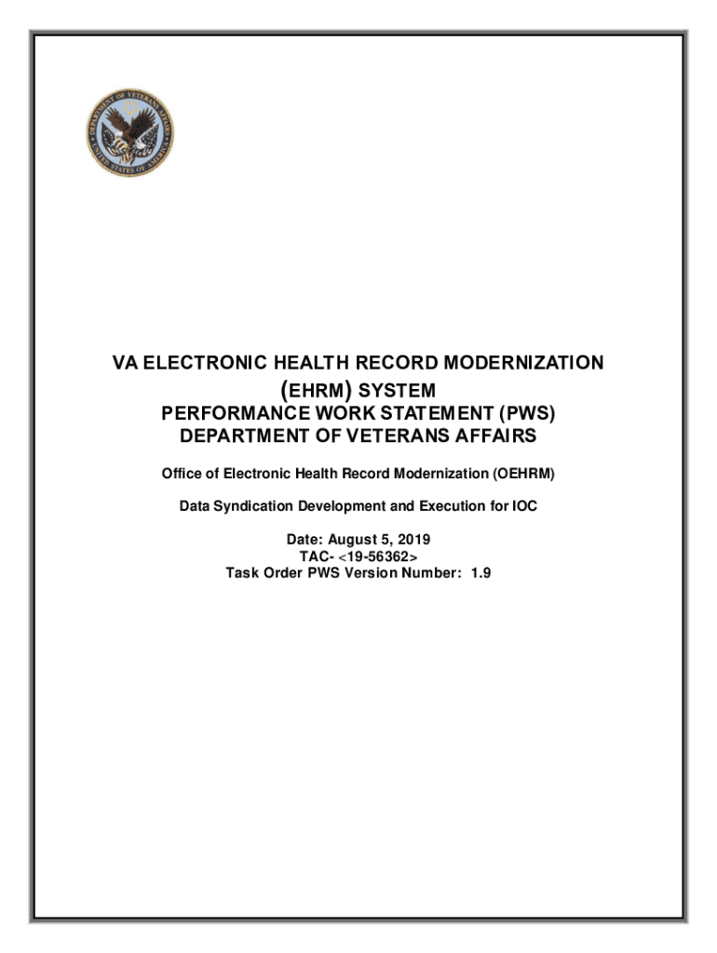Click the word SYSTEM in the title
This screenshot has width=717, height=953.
(398, 389)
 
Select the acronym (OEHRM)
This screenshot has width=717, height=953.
(523, 475)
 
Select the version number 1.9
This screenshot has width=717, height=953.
(480, 572)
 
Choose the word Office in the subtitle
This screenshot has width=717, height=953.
(183, 475)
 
